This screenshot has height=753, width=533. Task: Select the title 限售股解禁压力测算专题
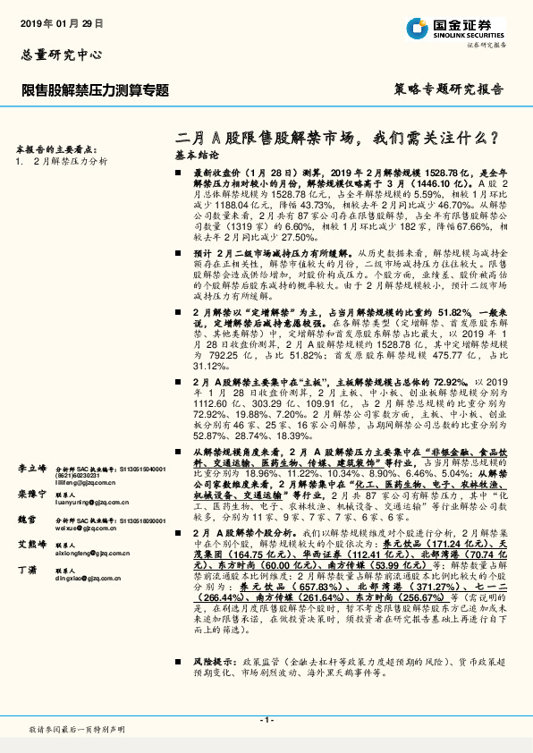point(96,90)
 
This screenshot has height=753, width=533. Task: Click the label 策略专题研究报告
point(447,90)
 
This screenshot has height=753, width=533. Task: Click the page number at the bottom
point(266,719)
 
